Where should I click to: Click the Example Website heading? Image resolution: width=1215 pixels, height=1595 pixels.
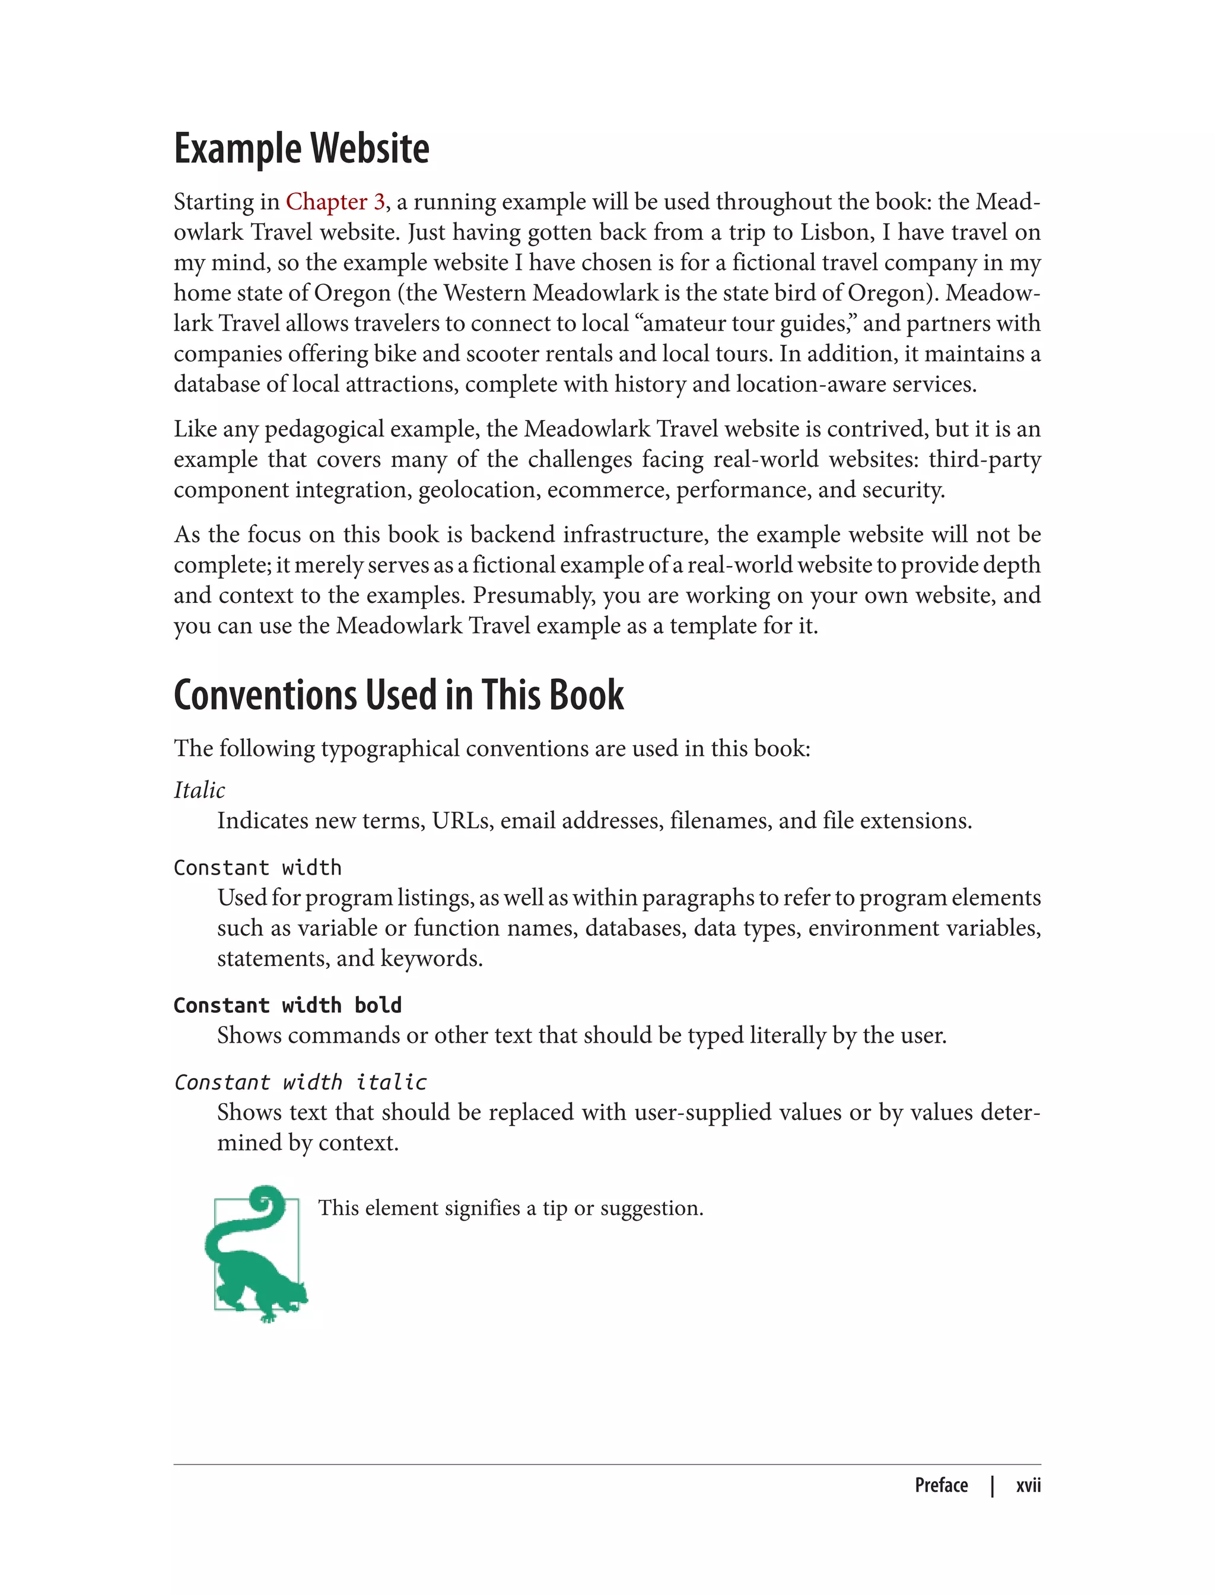tap(301, 149)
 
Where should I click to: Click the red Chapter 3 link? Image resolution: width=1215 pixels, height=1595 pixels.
tap(335, 202)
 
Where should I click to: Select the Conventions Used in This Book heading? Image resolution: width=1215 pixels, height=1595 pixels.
tap(399, 695)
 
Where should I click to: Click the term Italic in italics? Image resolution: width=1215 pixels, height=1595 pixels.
tap(199, 790)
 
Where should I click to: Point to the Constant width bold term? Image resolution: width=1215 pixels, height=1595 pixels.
tap(287, 1005)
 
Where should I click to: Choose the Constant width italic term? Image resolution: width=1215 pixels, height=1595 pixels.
tap(300, 1082)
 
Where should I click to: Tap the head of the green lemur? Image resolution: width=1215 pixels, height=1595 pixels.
tap(294, 1292)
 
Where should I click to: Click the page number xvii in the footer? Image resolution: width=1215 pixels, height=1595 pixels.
tap(1028, 1485)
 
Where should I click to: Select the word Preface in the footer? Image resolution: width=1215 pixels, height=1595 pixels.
tap(941, 1485)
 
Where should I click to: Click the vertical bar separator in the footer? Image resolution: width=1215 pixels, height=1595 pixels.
tap(993, 1486)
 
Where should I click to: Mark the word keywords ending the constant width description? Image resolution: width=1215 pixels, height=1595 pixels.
tap(431, 958)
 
